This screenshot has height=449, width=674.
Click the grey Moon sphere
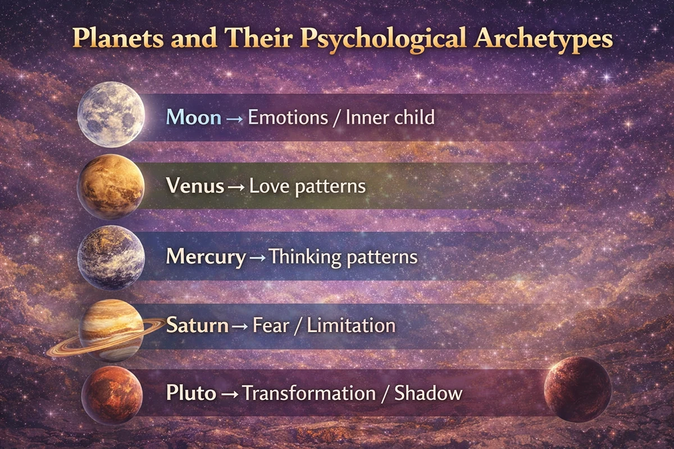click(x=111, y=114)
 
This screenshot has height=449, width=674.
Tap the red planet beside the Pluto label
click(x=111, y=391)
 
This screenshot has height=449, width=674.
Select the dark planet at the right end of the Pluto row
click(x=577, y=389)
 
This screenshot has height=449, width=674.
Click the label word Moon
click(x=194, y=118)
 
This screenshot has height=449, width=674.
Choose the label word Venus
click(x=194, y=186)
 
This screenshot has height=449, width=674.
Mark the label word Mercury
click(x=206, y=257)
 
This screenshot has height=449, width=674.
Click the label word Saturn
click(x=197, y=325)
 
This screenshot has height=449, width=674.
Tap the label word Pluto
click(x=191, y=392)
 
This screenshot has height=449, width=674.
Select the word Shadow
click(x=428, y=392)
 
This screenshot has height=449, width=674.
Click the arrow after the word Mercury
click(x=257, y=258)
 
